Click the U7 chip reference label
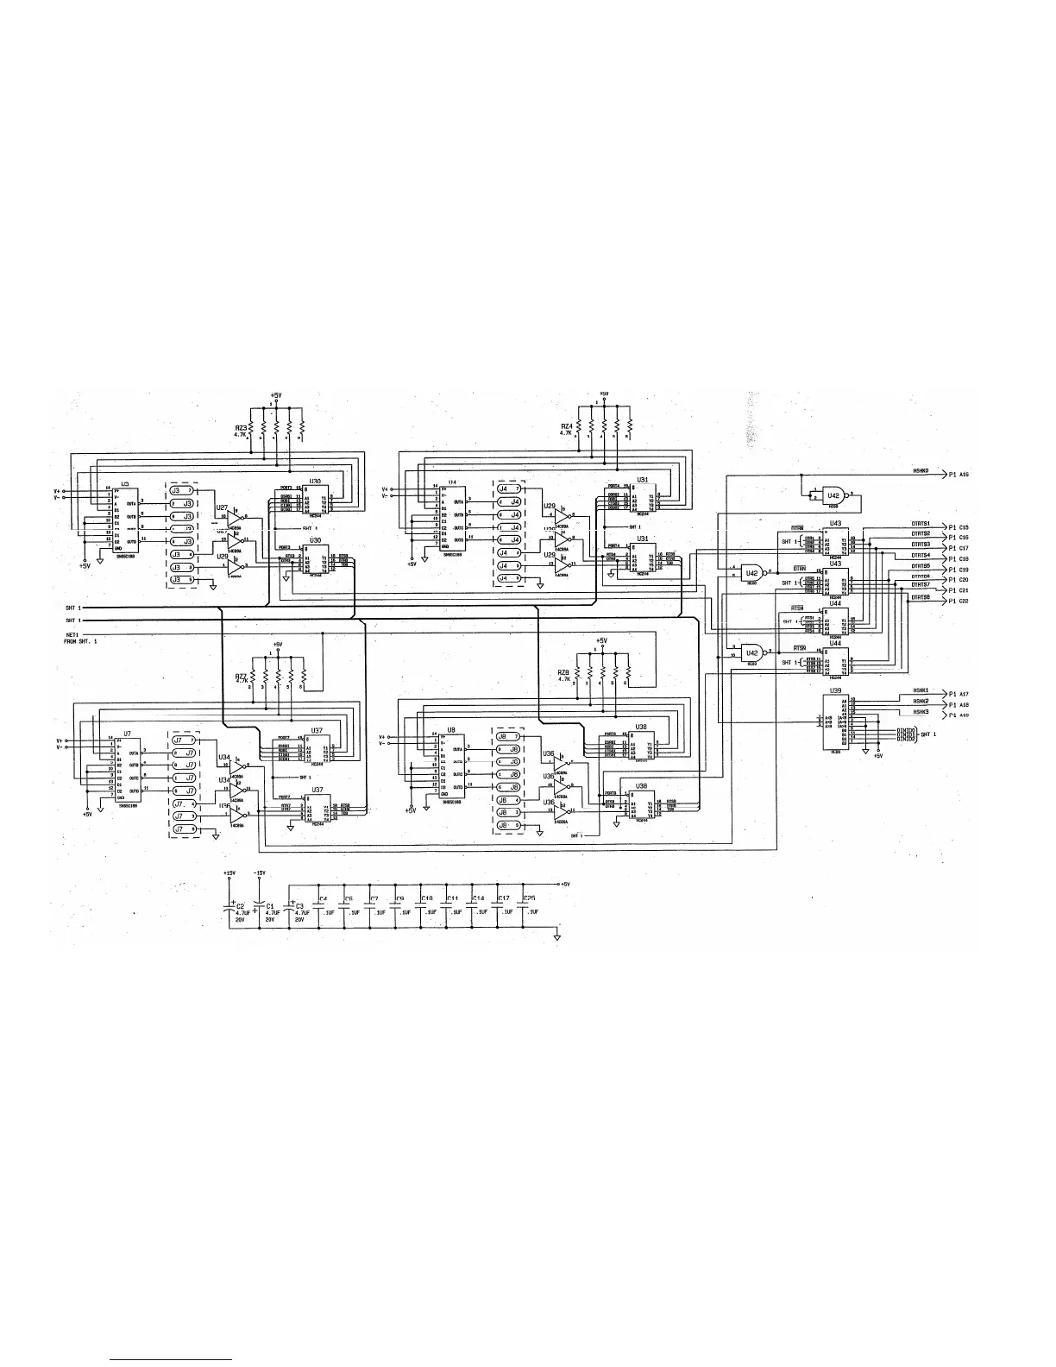pos(127,733)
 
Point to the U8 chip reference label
pos(450,730)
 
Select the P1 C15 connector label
pos(959,526)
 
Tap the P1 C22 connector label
pos(959,601)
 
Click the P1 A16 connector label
pos(959,474)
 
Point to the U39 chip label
pos(835,690)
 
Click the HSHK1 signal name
pos(921,690)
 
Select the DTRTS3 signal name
pos(921,545)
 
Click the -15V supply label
pos(261,872)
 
